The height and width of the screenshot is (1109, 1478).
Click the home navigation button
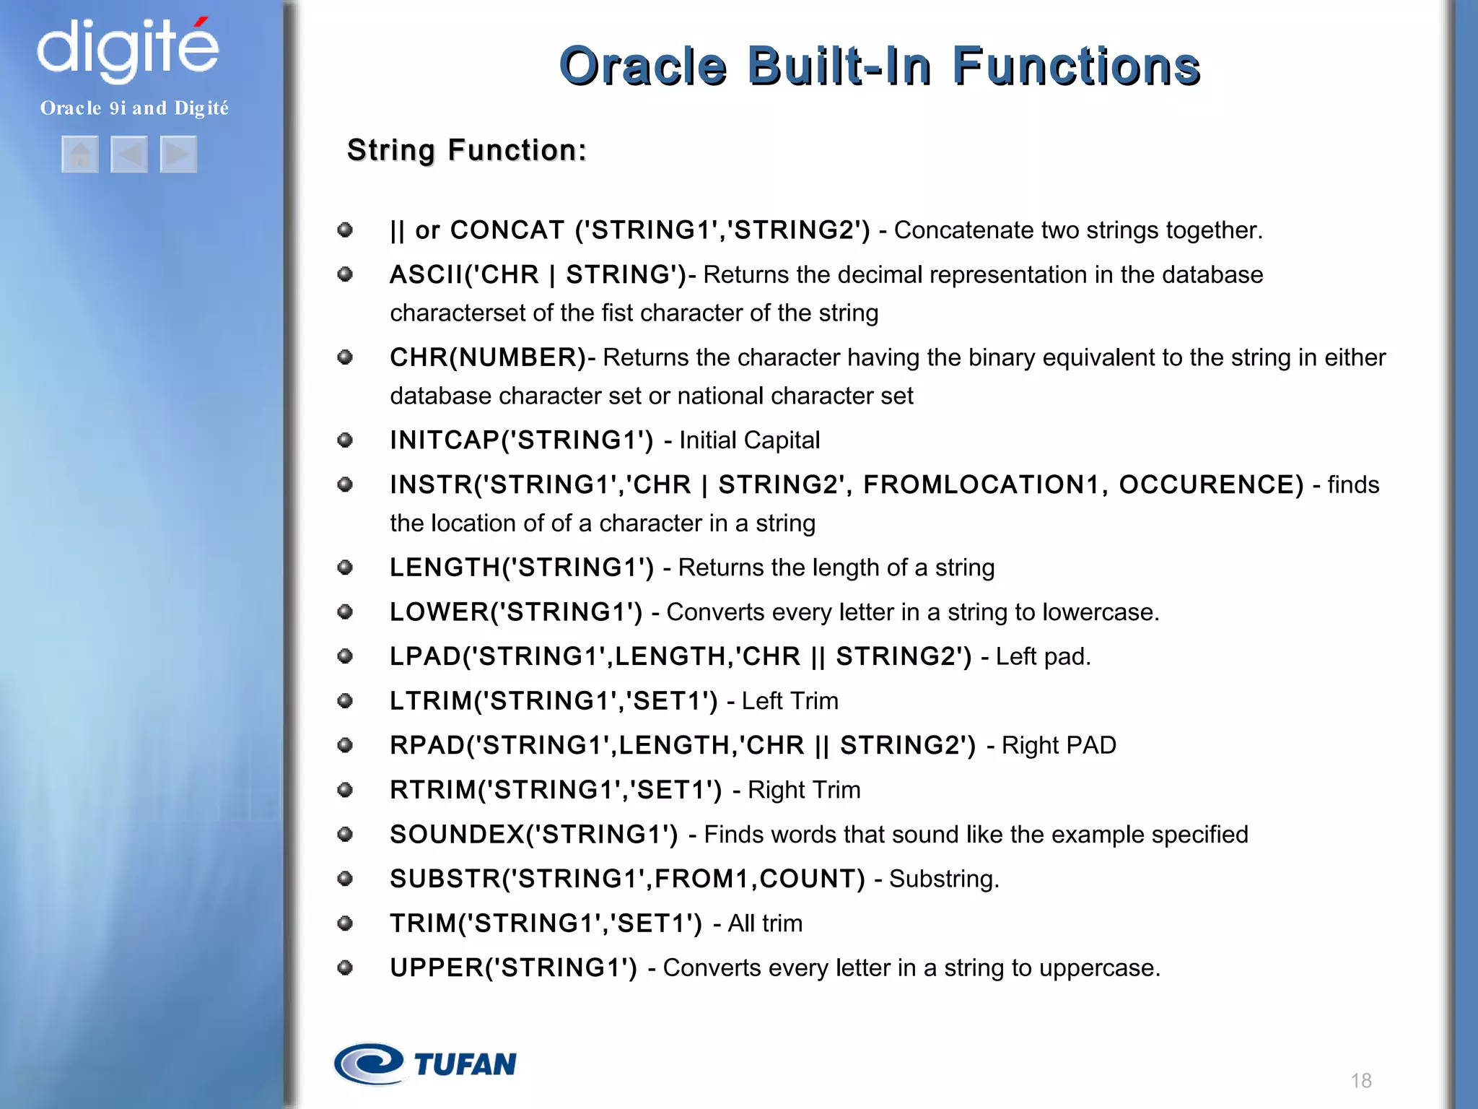point(80,155)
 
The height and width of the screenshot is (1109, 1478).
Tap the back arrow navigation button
point(129,155)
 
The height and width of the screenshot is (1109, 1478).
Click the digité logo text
point(128,49)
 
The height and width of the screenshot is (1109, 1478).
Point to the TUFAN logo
point(426,1064)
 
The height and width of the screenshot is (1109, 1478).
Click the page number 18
point(1361,1080)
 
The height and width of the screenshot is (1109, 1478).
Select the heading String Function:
point(467,150)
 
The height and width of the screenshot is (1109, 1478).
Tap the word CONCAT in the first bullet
point(507,230)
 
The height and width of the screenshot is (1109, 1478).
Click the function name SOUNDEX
point(457,835)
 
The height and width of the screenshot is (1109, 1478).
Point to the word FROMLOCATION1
point(980,484)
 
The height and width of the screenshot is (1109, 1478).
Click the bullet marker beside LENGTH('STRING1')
point(345,567)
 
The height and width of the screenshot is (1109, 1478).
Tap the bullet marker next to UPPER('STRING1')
point(345,967)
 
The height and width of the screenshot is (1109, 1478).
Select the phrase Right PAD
point(1059,745)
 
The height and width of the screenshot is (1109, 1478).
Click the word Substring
point(943,879)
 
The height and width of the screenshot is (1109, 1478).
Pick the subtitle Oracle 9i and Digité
point(134,108)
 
